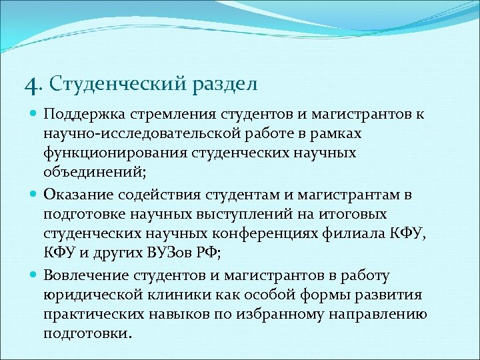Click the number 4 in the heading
29,86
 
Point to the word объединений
89,174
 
